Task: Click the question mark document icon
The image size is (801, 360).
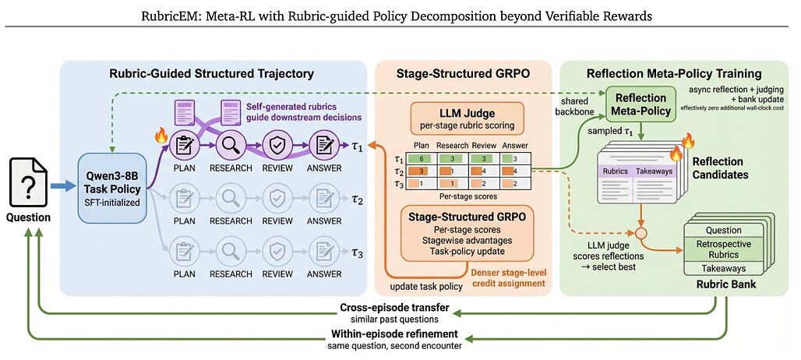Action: (x=28, y=182)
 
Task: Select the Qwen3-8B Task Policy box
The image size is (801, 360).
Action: (x=112, y=188)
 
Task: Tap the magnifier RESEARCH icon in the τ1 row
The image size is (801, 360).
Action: (x=228, y=145)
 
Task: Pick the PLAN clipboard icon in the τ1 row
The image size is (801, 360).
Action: (x=182, y=145)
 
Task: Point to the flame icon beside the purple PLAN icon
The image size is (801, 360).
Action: (x=161, y=136)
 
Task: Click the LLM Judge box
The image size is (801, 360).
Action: (x=467, y=118)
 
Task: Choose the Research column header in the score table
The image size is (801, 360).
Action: (x=452, y=146)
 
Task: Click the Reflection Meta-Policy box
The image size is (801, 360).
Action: (x=641, y=104)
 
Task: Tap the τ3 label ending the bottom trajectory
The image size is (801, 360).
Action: (x=357, y=252)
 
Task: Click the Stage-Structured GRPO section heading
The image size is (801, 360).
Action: (x=464, y=73)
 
